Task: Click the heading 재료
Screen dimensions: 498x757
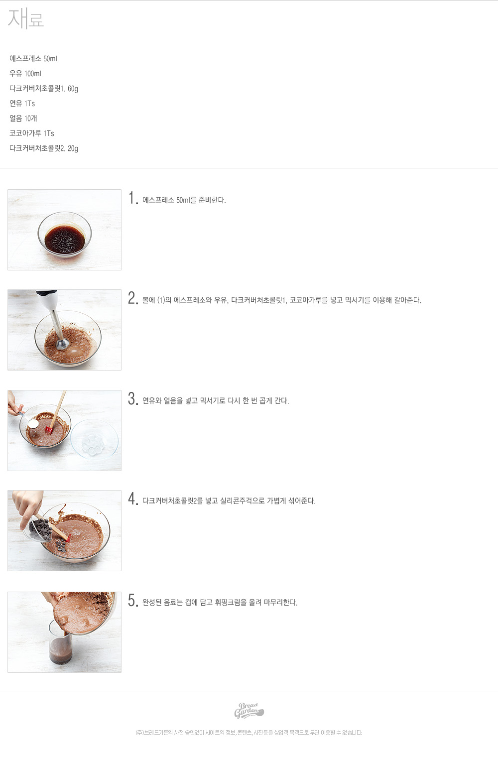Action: pyautogui.click(x=26, y=18)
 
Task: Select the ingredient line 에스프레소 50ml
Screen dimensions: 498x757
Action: pyautogui.click(x=33, y=59)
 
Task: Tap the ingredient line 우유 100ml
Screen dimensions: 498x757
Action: pyautogui.click(x=25, y=74)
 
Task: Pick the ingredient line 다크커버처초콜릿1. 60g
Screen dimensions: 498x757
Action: pyautogui.click(x=44, y=89)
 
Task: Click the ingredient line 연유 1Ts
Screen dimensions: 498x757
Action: pyautogui.click(x=22, y=104)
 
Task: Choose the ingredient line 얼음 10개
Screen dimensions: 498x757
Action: pyautogui.click(x=23, y=119)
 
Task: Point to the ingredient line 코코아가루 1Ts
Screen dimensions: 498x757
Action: pyautogui.click(x=32, y=133)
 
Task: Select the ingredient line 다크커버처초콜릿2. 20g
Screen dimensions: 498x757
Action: pyautogui.click(x=44, y=148)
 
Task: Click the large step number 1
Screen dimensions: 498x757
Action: pyautogui.click(x=132, y=198)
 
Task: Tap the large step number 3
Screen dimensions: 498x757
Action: pyautogui.click(x=133, y=398)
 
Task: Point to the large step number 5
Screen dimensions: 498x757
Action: pyautogui.click(x=133, y=600)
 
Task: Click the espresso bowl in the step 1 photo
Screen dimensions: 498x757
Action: pyautogui.click(x=65, y=235)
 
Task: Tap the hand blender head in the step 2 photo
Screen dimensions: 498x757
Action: pyautogui.click(x=63, y=344)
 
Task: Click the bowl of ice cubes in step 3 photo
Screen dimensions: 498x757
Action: pyautogui.click(x=94, y=439)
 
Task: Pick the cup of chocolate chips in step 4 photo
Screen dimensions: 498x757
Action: pyautogui.click(x=39, y=530)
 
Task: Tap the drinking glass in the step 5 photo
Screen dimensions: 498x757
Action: pyautogui.click(x=61, y=642)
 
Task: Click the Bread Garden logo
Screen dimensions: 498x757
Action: pyautogui.click(x=249, y=710)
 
